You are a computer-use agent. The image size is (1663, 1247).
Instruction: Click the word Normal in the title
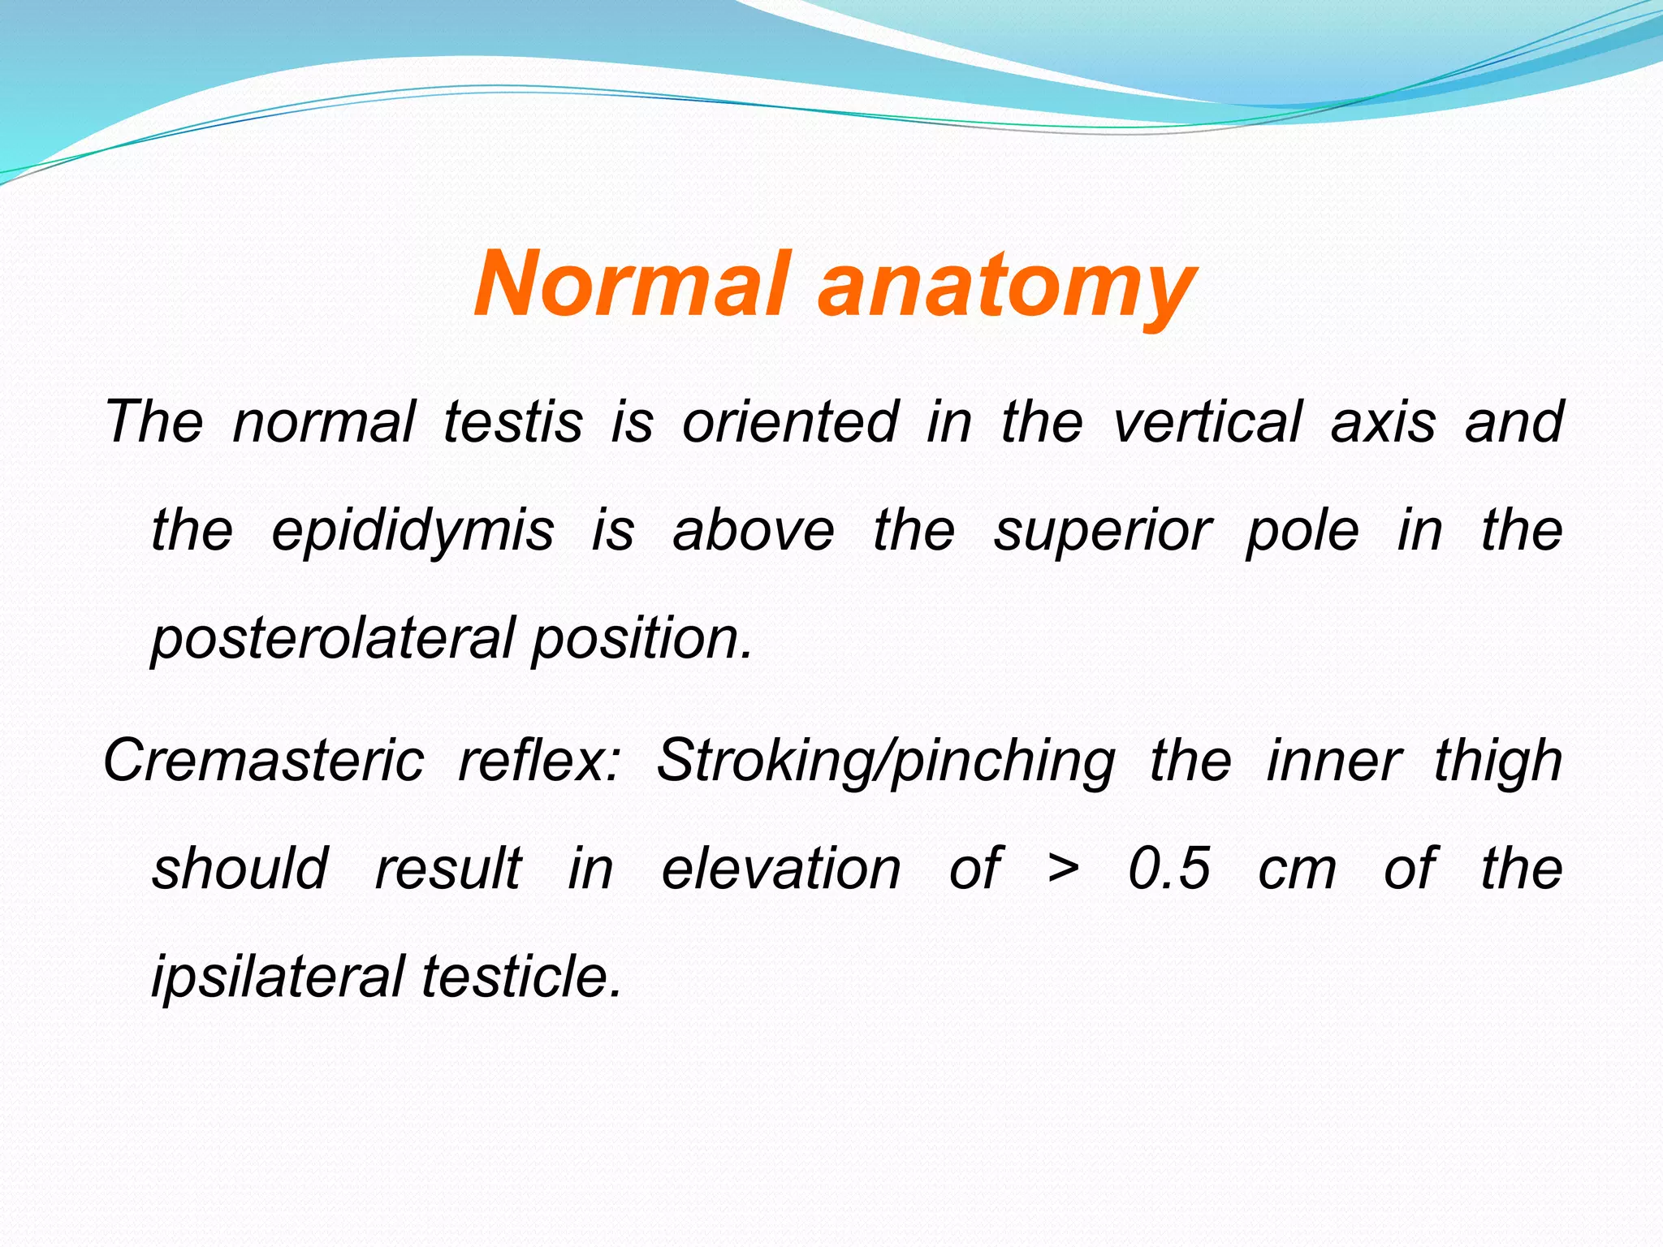click(632, 284)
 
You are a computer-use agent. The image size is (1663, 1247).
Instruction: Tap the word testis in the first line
click(513, 421)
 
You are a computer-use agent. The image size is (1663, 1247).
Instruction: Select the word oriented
click(789, 421)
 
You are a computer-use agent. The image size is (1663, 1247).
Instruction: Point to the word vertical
click(1207, 421)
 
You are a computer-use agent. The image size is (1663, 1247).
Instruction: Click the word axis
click(1383, 421)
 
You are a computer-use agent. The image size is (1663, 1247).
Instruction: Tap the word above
click(753, 530)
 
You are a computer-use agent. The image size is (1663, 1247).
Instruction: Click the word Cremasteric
click(264, 761)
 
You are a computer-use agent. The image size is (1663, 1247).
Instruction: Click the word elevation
click(781, 869)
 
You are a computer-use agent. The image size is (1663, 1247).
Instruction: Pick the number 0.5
click(1169, 869)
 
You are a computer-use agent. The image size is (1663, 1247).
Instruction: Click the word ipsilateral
click(278, 977)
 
